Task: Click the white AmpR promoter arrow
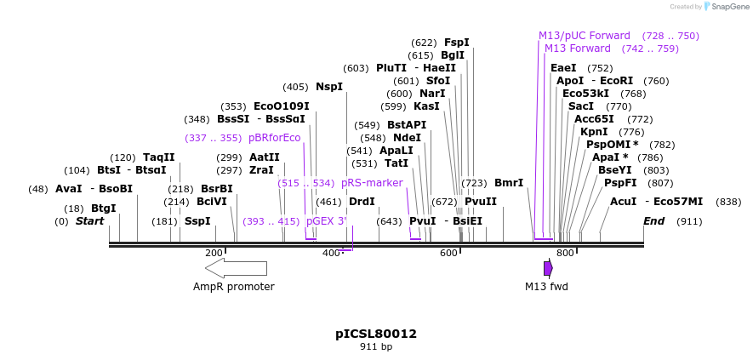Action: (236, 268)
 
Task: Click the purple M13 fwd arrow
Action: (548, 268)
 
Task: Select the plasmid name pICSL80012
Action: (376, 334)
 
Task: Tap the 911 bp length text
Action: (376, 347)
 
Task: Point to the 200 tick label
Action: (214, 253)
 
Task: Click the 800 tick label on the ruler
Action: (565, 253)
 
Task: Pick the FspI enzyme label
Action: (457, 43)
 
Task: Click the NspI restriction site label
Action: (328, 87)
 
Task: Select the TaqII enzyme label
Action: (159, 157)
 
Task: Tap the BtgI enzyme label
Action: (104, 209)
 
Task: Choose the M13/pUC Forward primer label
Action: (585, 36)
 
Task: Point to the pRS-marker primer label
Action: (372, 183)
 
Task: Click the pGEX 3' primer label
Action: (327, 221)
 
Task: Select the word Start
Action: (89, 221)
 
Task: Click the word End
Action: (653, 221)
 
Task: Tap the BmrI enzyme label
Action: (509, 183)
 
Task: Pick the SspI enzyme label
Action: (197, 221)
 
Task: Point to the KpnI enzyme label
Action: (594, 132)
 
